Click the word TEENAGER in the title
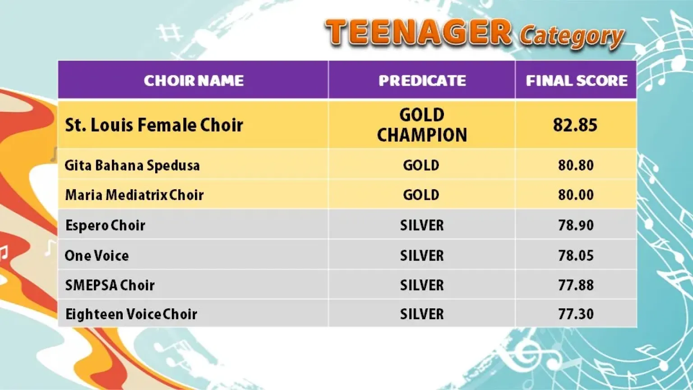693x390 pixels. point(418,32)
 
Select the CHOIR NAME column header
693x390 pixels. point(194,80)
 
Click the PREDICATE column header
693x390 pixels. point(422,80)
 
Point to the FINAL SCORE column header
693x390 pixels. point(577,80)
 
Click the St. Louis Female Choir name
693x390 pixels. point(154,125)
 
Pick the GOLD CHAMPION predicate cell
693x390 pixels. point(422,125)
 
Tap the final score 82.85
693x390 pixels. point(575,125)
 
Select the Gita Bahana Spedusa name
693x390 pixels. point(132,165)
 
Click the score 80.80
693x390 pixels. point(576,165)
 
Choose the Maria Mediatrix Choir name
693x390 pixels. point(134,195)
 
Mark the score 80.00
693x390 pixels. point(576,195)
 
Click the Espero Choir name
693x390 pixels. point(105,225)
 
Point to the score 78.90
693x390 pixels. point(576,225)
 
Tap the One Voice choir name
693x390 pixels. point(97,255)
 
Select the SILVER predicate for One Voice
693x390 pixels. point(422,255)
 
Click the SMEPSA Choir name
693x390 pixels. point(110,285)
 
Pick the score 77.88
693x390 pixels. point(576,285)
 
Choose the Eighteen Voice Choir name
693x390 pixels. point(131,315)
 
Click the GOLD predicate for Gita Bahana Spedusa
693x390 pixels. point(421,165)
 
